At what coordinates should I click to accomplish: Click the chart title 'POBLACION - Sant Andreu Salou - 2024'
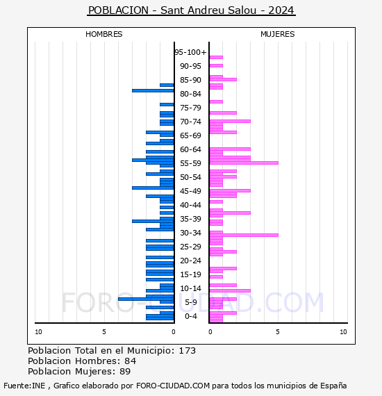point(191,10)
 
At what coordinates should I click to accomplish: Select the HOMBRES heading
point(103,34)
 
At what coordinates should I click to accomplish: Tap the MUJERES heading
point(278,34)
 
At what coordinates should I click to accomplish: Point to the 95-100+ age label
point(190,52)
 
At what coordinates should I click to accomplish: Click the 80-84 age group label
point(190,94)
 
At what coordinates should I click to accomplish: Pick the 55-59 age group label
point(190,163)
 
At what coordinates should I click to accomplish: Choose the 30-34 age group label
point(190,233)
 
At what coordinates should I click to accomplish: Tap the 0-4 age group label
point(190,316)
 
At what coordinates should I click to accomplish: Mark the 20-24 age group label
point(190,261)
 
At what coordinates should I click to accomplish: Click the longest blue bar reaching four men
point(146,299)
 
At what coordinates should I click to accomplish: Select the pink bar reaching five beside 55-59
point(244,163)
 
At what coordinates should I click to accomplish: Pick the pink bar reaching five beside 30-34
point(244,235)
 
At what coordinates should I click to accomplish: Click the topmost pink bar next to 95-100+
point(216,58)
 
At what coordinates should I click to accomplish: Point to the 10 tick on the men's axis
point(38,332)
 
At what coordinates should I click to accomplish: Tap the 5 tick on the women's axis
point(278,332)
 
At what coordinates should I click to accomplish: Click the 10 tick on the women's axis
point(343,332)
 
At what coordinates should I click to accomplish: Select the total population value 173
point(187,351)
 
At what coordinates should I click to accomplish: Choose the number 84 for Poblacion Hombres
point(131,361)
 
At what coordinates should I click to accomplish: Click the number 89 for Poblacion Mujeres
point(125,371)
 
